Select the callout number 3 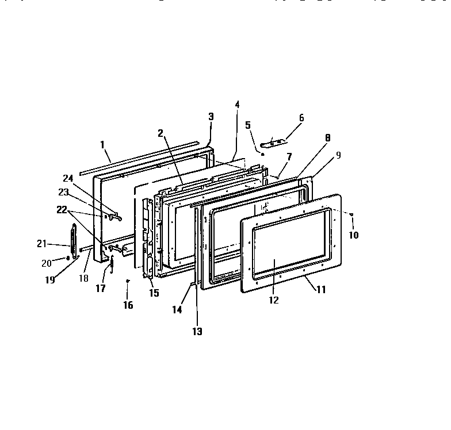[x=211, y=116]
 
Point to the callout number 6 [x=301, y=117]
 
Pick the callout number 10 [x=353, y=235]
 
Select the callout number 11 [x=320, y=290]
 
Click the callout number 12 [x=274, y=300]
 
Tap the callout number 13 [x=197, y=331]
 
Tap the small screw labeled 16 [x=128, y=281]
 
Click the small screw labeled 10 [x=351, y=214]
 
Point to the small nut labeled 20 [x=68, y=258]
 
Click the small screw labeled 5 [x=262, y=154]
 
